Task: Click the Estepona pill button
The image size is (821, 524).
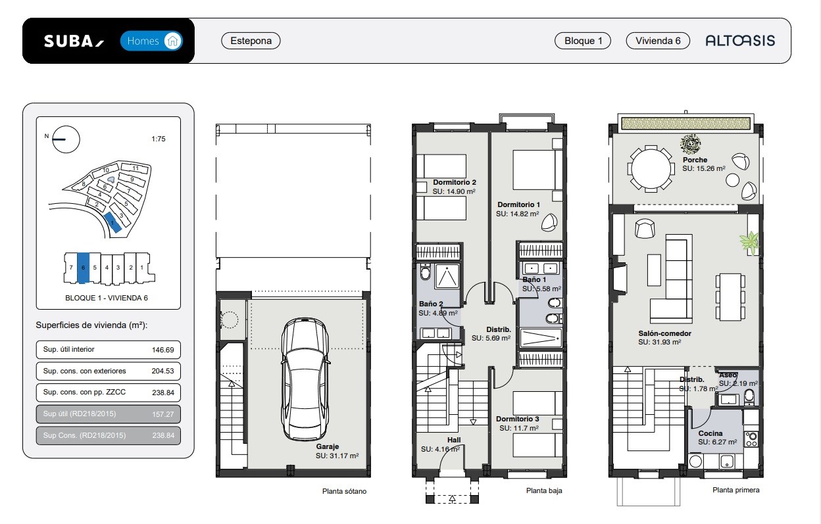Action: (251, 41)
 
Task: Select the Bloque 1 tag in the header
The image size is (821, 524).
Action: (583, 41)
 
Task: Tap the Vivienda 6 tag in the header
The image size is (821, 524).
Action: (658, 41)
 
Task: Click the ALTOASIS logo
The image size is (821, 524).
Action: (740, 41)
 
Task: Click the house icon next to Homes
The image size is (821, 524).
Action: (172, 41)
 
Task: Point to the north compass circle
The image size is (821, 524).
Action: (66, 139)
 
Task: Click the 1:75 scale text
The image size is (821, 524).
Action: (159, 139)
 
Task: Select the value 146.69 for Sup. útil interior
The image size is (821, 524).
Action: (162, 350)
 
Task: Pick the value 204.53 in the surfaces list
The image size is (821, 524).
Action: (162, 371)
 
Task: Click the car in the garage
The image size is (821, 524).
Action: (305, 379)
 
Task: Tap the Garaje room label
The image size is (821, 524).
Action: (328, 446)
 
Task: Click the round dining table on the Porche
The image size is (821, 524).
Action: (651, 169)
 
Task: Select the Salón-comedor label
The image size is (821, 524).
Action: (664, 333)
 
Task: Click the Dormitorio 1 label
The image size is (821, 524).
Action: (518, 204)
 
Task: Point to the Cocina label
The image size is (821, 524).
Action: (710, 433)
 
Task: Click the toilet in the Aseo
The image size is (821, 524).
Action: (749, 396)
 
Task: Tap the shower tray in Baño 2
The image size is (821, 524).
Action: (447, 276)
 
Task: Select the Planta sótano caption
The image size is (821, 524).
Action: (344, 491)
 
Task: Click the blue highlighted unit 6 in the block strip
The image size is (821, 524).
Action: (83, 268)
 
